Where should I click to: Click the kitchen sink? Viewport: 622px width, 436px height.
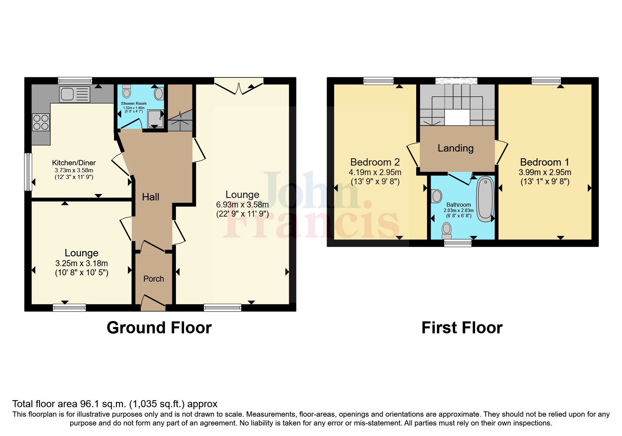click(74, 94)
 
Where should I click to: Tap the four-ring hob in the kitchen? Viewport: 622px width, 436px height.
click(40, 122)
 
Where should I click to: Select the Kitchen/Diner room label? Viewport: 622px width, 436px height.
click(74, 163)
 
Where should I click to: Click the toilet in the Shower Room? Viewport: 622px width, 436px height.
click(126, 92)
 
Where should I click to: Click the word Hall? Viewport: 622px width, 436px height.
click(150, 197)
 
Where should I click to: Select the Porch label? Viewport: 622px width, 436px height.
click(153, 279)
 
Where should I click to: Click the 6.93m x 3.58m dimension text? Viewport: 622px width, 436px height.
click(242, 205)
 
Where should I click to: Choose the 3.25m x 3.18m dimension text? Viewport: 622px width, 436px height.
click(81, 263)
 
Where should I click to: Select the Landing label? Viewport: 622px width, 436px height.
click(456, 148)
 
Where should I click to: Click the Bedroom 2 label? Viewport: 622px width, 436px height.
click(375, 162)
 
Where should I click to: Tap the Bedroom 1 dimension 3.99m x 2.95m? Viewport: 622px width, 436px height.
click(544, 172)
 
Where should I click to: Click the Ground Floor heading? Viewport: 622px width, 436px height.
click(159, 328)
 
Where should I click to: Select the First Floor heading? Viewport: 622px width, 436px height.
click(461, 328)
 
